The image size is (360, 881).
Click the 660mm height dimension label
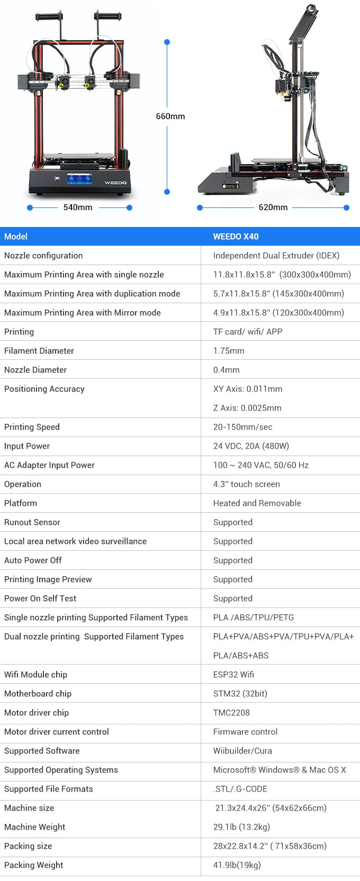[x=170, y=116]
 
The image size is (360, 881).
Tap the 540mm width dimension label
[x=78, y=207]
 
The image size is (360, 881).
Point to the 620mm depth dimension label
[x=273, y=207]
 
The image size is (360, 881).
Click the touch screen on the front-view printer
[x=79, y=179]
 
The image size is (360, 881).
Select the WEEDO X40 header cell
[x=236, y=237]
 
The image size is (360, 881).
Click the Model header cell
[x=16, y=237]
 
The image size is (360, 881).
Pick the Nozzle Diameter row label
[x=35, y=370]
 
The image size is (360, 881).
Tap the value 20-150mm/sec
[x=242, y=427]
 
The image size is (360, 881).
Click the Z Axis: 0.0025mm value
[x=247, y=408]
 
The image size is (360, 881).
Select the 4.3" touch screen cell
[x=246, y=484]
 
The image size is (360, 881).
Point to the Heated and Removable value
[x=257, y=503]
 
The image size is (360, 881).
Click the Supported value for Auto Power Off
[x=233, y=560]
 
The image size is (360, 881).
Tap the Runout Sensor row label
[x=32, y=522]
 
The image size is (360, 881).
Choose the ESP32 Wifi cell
[x=233, y=675]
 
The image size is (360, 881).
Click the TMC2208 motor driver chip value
[x=231, y=713]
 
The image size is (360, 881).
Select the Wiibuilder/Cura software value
[x=242, y=751]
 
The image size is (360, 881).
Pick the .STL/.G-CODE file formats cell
[x=240, y=789]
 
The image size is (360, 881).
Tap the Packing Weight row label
[x=34, y=865]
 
